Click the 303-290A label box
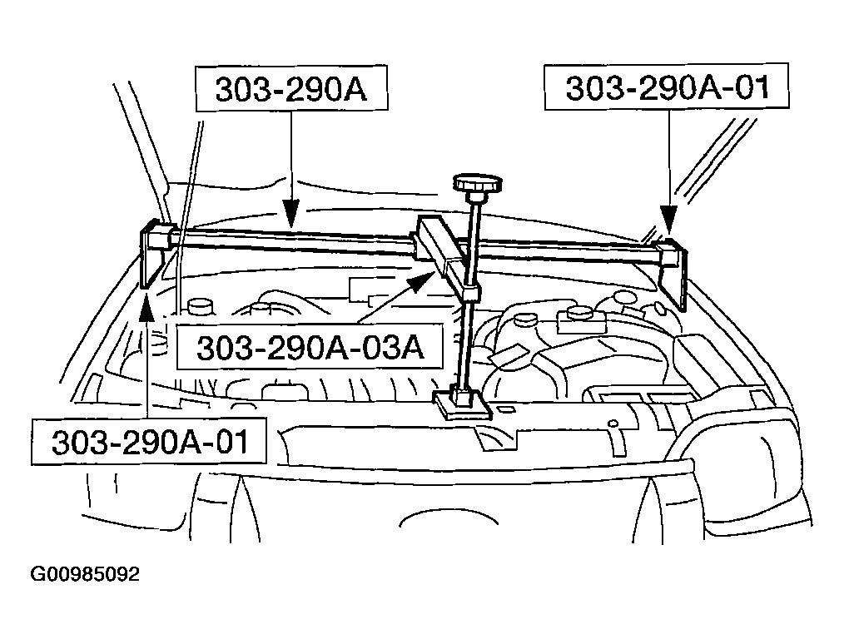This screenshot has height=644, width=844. click(x=291, y=89)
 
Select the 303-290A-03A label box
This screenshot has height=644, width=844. click(x=310, y=347)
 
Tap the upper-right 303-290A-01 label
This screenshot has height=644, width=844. click(x=667, y=87)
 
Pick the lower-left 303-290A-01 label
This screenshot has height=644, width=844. click(x=149, y=441)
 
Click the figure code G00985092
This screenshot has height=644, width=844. click(x=85, y=574)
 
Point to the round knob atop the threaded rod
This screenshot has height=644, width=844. click(x=478, y=183)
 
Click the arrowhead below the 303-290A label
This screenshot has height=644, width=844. click(x=290, y=213)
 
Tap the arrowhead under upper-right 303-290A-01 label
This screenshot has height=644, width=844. click(x=668, y=220)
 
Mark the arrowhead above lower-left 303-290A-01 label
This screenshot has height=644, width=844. click(x=146, y=308)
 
